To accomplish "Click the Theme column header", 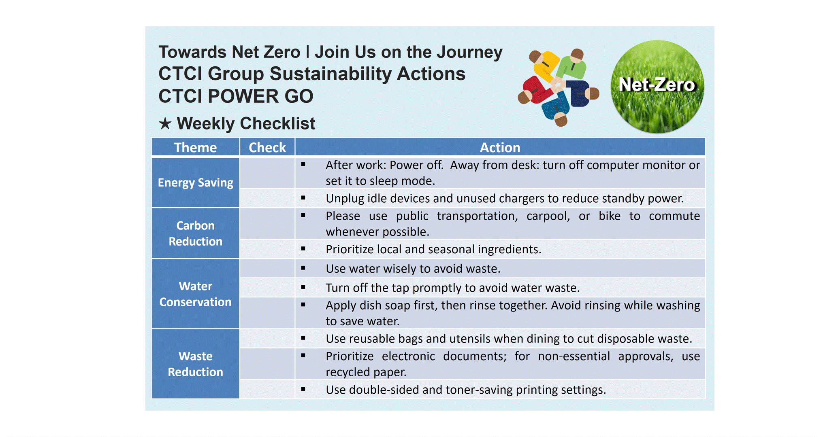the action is pyautogui.click(x=195, y=147).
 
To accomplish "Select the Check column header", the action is pyautogui.click(x=267, y=147).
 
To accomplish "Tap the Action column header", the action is pyautogui.click(x=500, y=147).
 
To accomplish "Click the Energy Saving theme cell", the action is pyautogui.click(x=195, y=182).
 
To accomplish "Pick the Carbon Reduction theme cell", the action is pyautogui.click(x=195, y=233).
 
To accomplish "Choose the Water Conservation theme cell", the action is pyautogui.click(x=195, y=294).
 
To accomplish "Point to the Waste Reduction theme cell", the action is pyautogui.click(x=195, y=364).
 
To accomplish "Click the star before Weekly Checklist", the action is pyautogui.click(x=165, y=123).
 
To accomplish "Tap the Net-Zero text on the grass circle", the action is pyautogui.click(x=657, y=85).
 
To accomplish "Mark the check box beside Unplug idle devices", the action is pyautogui.click(x=267, y=198).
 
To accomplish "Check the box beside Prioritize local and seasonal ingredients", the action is pyautogui.click(x=267, y=249).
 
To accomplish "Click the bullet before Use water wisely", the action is pyautogui.click(x=303, y=268).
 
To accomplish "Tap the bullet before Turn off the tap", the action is pyautogui.click(x=303, y=287).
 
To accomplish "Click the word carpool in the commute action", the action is pyautogui.click(x=548, y=216).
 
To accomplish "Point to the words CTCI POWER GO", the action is pyautogui.click(x=236, y=96).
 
